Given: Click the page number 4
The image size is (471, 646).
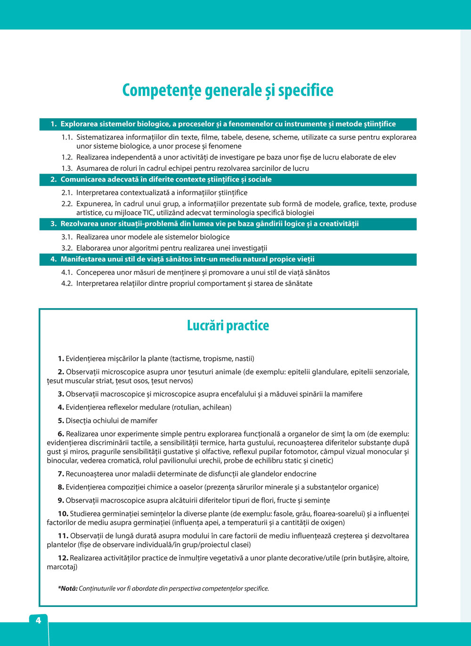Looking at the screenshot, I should point(38,620).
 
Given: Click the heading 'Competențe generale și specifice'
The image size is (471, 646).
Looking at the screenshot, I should point(227,90).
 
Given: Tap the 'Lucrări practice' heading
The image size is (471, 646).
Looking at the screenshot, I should point(228,325).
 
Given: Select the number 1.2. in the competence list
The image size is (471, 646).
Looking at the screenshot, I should point(67,157).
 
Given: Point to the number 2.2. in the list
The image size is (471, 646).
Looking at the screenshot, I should point(67,204).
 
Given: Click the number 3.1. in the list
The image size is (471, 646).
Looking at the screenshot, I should point(67,237).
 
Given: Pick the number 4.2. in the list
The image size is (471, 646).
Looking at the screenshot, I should point(67,283).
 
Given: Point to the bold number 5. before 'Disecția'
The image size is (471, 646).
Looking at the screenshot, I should point(61,421).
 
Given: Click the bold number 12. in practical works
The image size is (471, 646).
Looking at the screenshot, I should point(63,558).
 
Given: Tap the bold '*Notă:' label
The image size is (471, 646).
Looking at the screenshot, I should point(67,589).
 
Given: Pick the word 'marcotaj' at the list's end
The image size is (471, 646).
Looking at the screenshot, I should point(62,567).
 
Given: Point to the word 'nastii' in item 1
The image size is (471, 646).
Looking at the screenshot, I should point(244,359).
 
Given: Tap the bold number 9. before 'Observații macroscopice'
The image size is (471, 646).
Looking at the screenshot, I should point(61,500).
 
